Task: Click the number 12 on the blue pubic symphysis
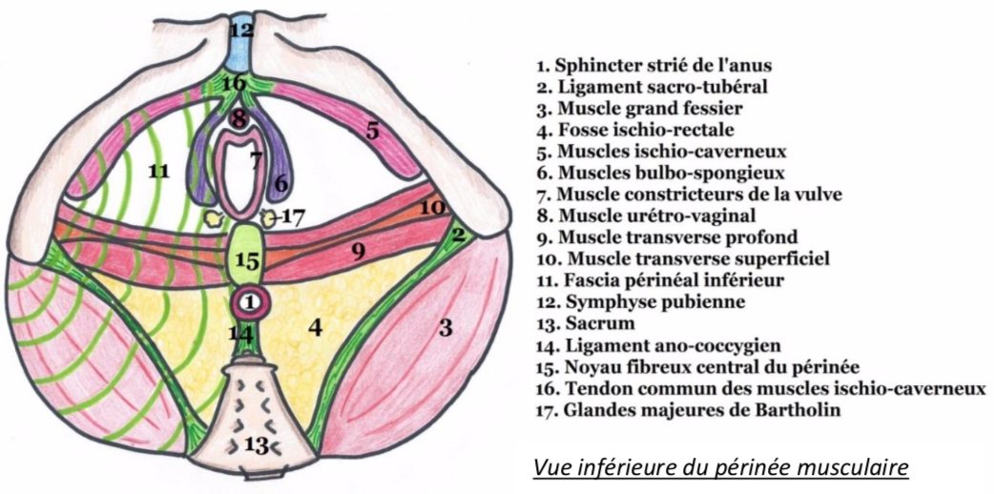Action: point(241,31)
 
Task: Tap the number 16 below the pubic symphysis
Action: point(234,83)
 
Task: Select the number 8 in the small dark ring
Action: point(238,120)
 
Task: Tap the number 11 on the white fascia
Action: point(158,171)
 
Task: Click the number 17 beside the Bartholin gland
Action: point(294,216)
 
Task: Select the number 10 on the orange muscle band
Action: point(431,206)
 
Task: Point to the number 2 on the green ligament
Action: point(458,234)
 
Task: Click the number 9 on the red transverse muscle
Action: point(358,251)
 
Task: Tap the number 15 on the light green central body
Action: point(247,259)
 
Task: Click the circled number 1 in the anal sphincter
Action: point(248,302)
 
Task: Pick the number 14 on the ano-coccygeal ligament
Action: point(241,334)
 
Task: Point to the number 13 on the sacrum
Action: point(257,443)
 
